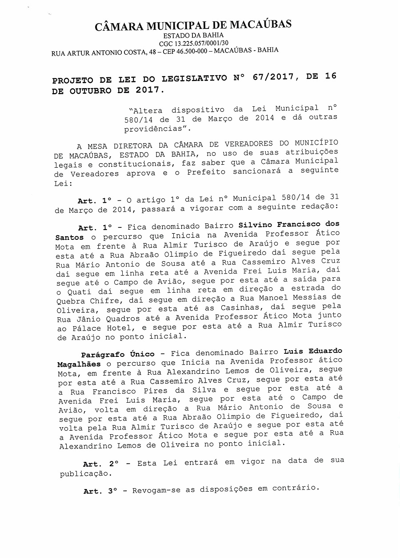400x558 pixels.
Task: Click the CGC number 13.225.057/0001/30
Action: click(201, 43)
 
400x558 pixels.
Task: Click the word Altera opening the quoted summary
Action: click(146, 110)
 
